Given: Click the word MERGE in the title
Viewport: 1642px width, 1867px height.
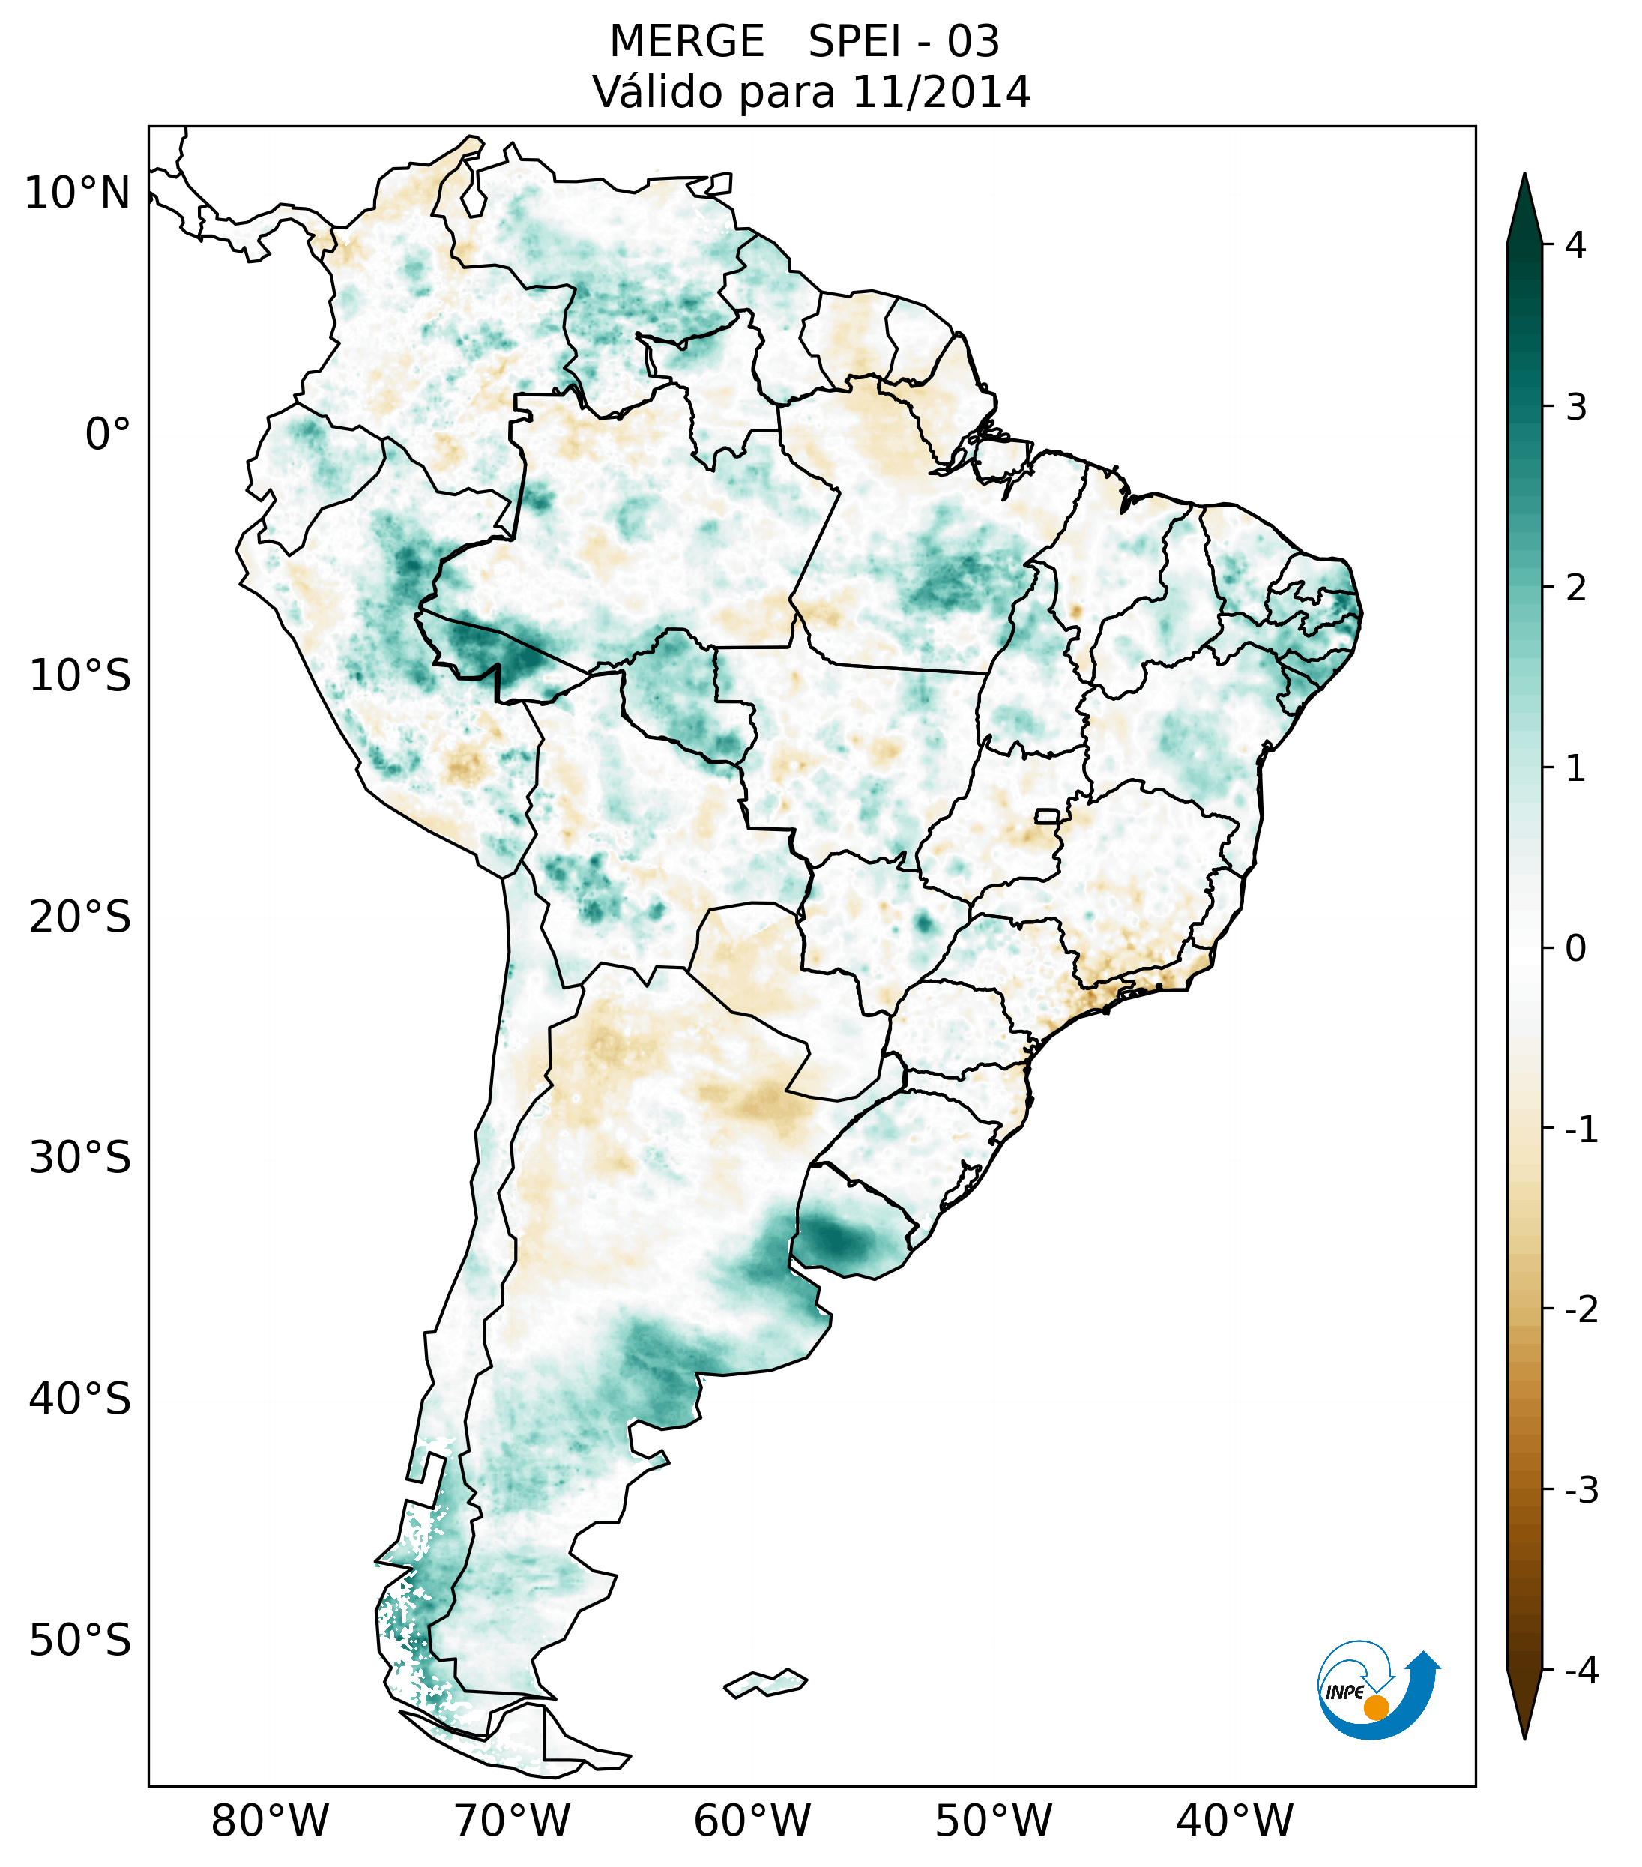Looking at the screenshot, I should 686,42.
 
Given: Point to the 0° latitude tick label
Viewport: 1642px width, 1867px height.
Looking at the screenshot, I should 108,435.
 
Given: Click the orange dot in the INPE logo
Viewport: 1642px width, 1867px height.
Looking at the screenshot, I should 1375,1707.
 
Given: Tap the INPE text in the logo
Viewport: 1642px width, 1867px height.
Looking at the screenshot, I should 1344,1692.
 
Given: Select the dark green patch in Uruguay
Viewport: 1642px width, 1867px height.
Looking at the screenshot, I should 836,1240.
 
